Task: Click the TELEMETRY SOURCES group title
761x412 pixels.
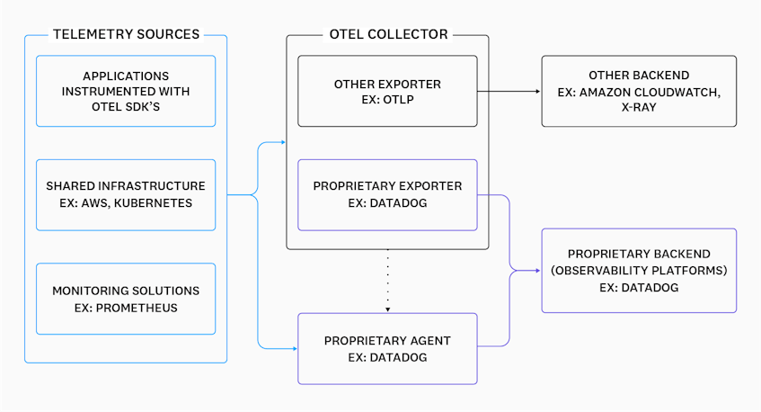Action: point(126,35)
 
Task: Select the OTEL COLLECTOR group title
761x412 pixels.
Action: point(387,35)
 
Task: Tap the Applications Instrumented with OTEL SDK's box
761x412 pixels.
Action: point(126,91)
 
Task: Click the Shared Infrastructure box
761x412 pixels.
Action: point(126,194)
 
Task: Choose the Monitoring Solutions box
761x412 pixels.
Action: point(126,299)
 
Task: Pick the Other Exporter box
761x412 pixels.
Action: point(387,91)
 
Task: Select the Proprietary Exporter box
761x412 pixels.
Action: point(387,194)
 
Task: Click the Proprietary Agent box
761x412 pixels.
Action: point(387,347)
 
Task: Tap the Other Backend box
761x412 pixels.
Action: point(638,91)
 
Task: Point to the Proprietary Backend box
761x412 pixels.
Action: point(638,270)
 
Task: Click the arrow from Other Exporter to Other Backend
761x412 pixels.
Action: point(508,92)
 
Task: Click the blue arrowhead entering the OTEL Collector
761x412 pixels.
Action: point(281,143)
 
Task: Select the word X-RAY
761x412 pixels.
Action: point(639,109)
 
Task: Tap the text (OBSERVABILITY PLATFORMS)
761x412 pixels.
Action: point(639,271)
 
